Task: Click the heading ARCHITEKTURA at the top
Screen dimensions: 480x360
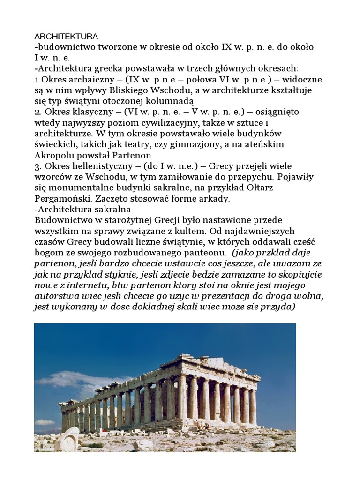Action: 66,36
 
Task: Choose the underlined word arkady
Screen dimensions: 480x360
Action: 214,199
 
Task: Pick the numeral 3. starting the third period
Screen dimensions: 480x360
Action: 38,166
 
